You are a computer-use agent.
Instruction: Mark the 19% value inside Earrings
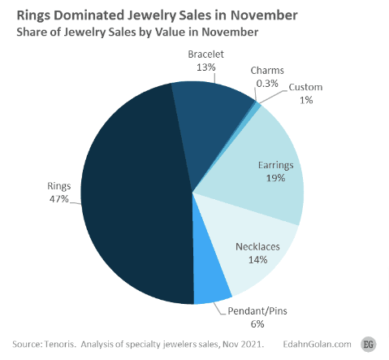tap(274, 178)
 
